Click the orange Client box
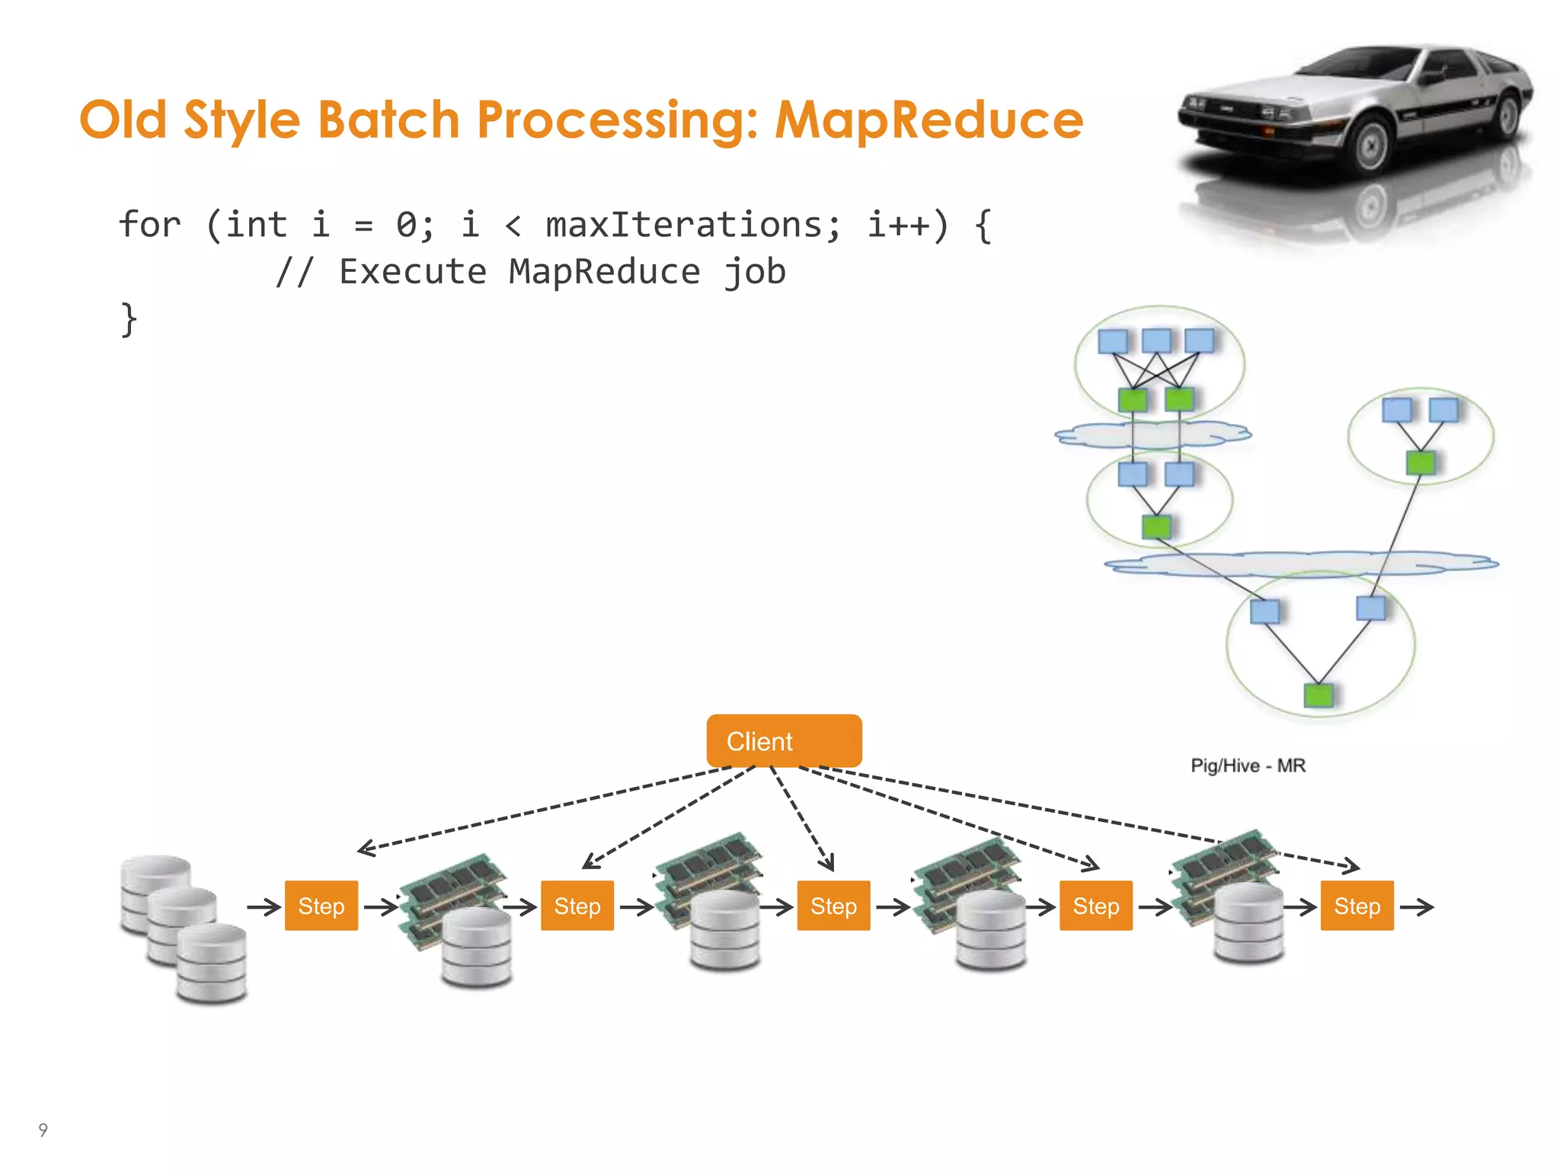(x=783, y=740)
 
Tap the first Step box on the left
(x=321, y=906)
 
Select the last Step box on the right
(x=1357, y=906)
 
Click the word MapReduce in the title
(x=929, y=120)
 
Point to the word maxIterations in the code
(x=693, y=225)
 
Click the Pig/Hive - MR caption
(x=1248, y=766)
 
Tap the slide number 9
(x=43, y=1130)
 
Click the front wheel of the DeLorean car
(x=1372, y=145)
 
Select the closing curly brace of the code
(x=129, y=320)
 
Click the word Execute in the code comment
(x=412, y=272)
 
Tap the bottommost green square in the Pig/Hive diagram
(x=1319, y=695)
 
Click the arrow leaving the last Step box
(x=1417, y=906)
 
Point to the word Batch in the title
(x=388, y=120)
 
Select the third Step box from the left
(x=833, y=906)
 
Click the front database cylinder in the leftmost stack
(x=211, y=964)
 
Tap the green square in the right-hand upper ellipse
(x=1420, y=462)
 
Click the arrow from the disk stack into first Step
(x=264, y=906)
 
